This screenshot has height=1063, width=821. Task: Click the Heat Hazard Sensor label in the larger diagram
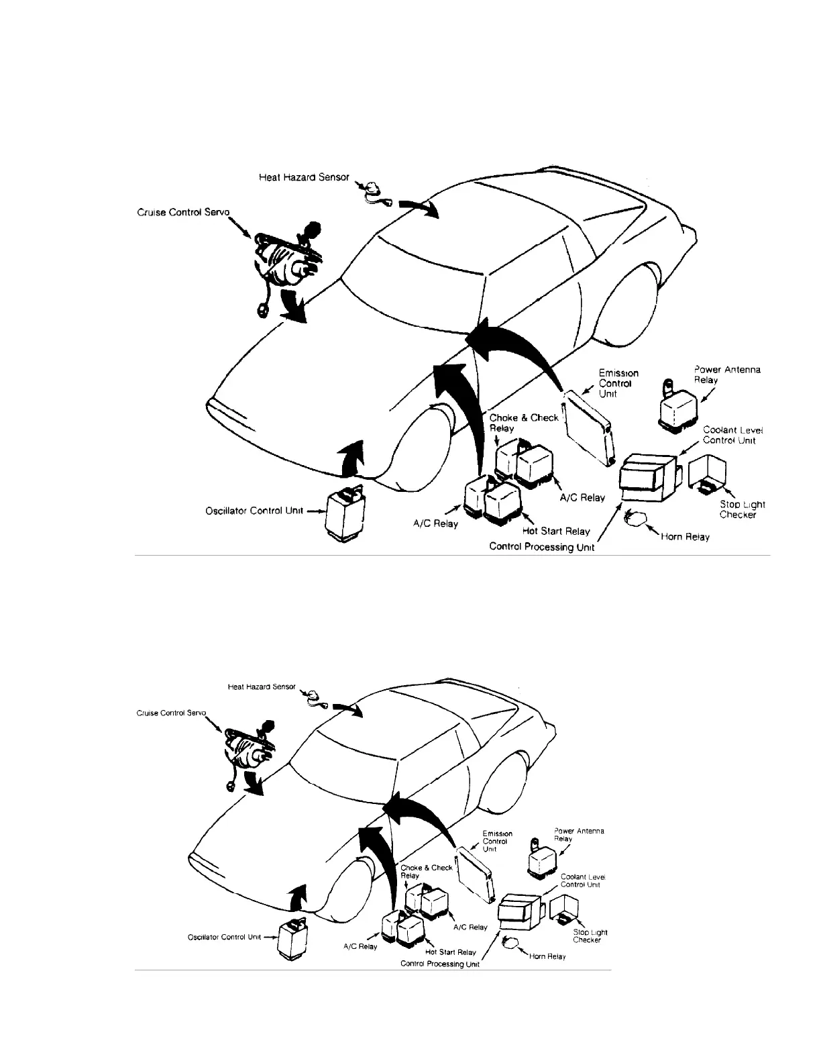tap(304, 178)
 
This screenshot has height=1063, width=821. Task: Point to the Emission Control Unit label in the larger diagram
tap(618, 383)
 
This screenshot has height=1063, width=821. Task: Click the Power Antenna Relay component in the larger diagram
tap(679, 405)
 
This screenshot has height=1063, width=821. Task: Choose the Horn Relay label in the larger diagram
tap(685, 537)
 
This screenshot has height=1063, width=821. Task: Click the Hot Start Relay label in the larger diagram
tap(556, 531)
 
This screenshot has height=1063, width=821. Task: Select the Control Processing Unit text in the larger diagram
tap(541, 547)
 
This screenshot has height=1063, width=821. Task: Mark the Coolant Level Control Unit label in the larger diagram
tap(732, 435)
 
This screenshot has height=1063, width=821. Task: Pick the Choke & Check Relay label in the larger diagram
tap(523, 423)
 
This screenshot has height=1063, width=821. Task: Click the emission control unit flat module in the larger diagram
tap(589, 427)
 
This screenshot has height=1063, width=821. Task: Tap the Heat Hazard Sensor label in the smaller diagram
tap(262, 687)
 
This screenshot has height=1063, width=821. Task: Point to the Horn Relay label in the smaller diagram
tap(547, 956)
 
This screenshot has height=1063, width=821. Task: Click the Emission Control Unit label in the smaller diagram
tap(497, 841)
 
